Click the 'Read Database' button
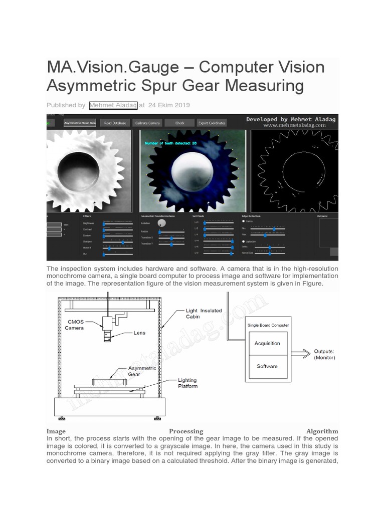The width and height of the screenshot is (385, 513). (115, 123)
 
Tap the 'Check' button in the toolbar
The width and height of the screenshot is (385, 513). (179, 123)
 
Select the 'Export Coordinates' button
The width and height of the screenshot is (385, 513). (212, 123)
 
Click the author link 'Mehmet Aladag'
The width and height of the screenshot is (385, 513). (112, 105)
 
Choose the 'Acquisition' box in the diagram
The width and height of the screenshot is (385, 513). (267, 343)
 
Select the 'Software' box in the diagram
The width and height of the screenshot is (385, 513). (267, 366)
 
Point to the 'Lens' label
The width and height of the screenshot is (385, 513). (139, 332)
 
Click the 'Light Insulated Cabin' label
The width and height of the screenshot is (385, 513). (204, 314)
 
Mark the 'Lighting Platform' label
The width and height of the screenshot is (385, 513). (188, 383)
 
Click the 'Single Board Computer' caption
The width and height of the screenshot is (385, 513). (268, 325)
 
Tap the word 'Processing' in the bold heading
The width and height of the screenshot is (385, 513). (186, 431)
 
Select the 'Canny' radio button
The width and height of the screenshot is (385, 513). (244, 220)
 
